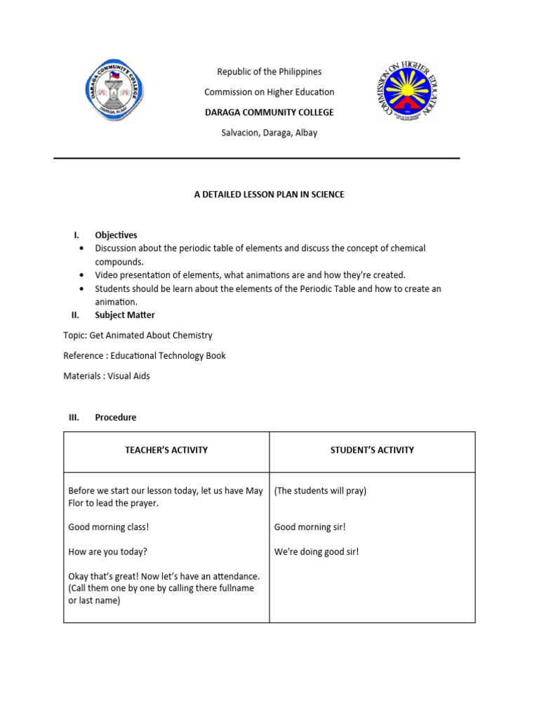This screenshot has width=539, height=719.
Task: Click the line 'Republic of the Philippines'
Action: [x=269, y=72]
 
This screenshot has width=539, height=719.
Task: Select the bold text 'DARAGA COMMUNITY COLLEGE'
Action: [x=269, y=112]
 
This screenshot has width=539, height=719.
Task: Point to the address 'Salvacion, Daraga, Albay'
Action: [x=269, y=133]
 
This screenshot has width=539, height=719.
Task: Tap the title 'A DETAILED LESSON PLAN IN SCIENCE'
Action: [x=269, y=194]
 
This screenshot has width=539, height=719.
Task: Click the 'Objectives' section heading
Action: [x=116, y=235]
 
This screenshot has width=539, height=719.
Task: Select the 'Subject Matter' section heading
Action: [x=125, y=315]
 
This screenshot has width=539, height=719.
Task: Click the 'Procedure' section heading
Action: [x=116, y=417]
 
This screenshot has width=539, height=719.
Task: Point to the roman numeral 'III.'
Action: [x=74, y=417]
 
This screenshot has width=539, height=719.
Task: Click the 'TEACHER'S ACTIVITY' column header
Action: [x=166, y=450]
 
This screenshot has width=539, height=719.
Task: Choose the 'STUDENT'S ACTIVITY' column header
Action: [x=372, y=450]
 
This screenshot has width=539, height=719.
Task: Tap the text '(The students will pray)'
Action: [x=320, y=491]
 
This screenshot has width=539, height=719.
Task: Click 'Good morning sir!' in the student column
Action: [x=310, y=527]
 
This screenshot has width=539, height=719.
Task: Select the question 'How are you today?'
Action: [x=107, y=552]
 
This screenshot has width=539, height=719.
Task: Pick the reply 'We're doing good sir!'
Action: [x=316, y=552]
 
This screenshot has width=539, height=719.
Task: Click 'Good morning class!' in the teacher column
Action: [x=109, y=527]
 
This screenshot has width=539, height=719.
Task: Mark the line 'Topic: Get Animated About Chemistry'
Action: [x=138, y=336]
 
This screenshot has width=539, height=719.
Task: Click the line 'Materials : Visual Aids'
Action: [x=107, y=376]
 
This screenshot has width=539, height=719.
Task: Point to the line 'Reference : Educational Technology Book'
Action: [x=145, y=356]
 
